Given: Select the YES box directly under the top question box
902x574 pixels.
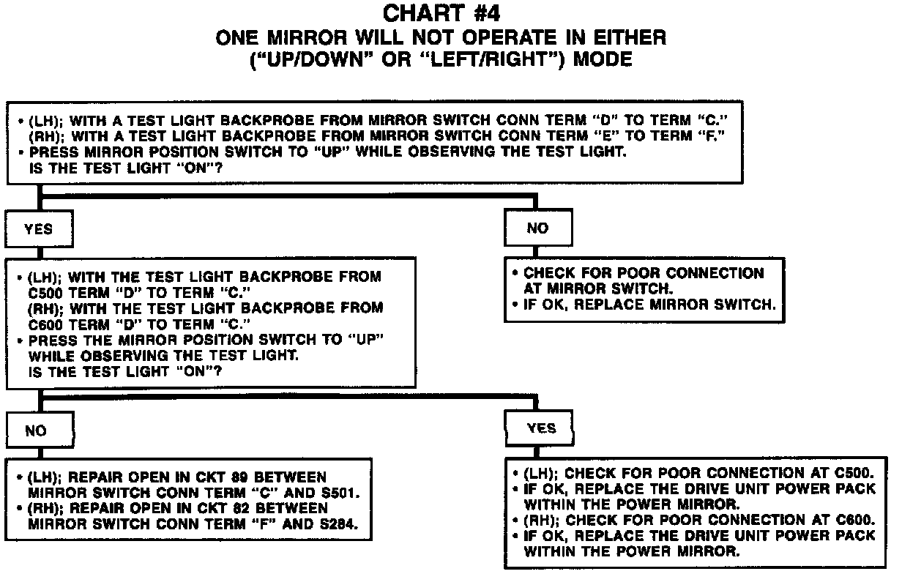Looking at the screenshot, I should click(x=38, y=229).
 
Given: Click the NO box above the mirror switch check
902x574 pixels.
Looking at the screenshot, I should click(x=537, y=228).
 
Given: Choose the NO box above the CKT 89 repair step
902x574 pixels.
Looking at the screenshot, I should click(x=36, y=431).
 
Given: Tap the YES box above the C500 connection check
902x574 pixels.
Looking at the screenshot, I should click(x=541, y=428).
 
